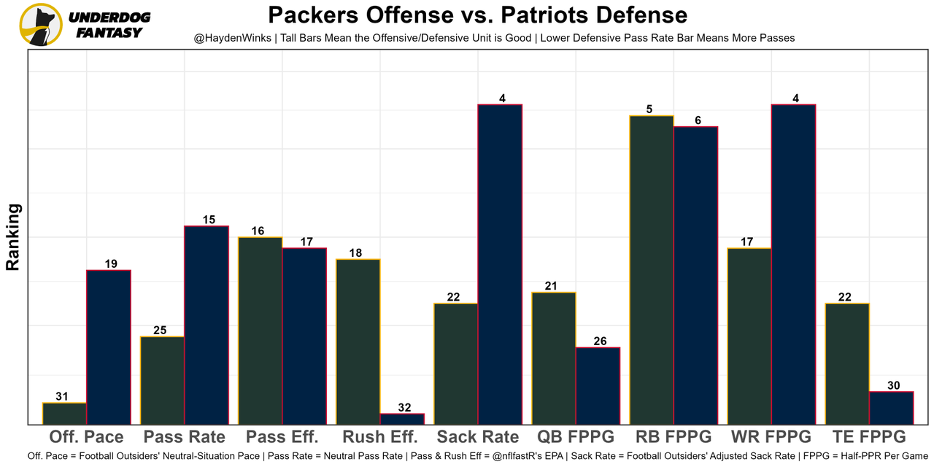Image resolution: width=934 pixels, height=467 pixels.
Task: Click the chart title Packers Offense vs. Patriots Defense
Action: (477, 15)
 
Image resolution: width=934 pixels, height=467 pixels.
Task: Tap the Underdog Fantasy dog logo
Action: (41, 24)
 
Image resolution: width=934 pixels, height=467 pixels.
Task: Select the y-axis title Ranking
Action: (13, 237)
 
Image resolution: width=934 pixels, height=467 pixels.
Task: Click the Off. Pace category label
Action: (86, 437)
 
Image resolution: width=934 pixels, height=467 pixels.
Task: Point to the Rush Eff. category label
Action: (380, 437)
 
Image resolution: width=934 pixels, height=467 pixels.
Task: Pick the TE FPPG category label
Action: (869, 437)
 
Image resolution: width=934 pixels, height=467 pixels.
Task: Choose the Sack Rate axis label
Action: (478, 437)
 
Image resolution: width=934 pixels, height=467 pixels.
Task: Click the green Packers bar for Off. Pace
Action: (65, 414)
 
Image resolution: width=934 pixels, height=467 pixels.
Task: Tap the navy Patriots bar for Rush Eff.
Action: (402, 419)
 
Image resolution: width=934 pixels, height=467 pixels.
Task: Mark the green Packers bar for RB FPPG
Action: (652, 270)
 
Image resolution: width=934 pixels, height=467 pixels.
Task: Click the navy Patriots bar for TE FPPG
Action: (891, 408)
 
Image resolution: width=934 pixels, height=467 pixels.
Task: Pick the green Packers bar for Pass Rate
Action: (163, 380)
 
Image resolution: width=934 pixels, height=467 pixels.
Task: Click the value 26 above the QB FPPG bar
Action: (598, 341)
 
